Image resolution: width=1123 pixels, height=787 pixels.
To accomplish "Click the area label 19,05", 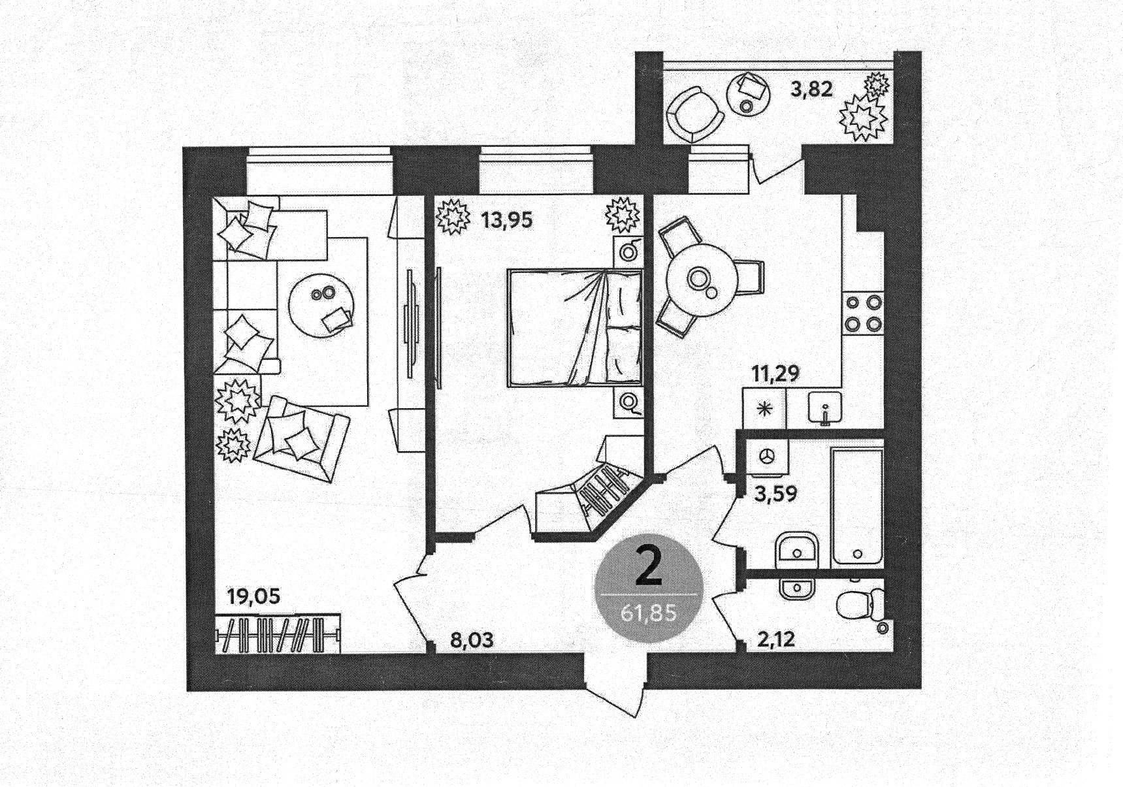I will (253, 596).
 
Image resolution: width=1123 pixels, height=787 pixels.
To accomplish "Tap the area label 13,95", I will (506, 220).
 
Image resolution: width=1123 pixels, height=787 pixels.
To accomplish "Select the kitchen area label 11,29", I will (775, 374).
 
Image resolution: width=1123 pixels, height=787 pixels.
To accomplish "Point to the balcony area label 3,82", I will (811, 89).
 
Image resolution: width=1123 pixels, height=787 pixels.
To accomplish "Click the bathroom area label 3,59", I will (775, 494).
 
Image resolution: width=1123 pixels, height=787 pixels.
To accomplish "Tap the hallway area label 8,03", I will (472, 639).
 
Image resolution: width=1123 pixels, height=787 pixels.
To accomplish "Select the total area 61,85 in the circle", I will (648, 614).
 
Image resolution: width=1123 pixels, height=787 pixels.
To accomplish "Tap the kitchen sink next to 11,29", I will (825, 408).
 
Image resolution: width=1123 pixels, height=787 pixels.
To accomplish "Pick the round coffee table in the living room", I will (323, 304).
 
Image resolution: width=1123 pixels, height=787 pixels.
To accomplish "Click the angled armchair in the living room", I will (301, 437).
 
